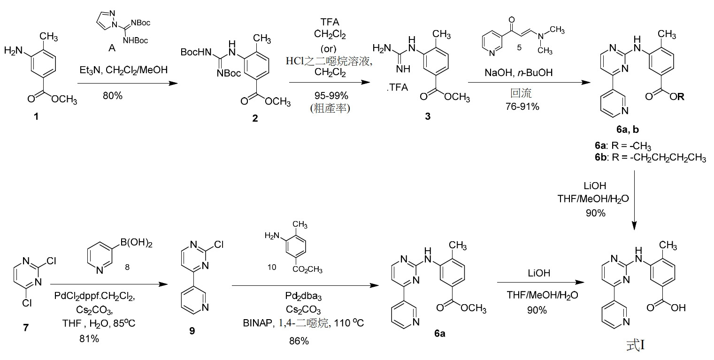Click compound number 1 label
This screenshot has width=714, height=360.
point(36,116)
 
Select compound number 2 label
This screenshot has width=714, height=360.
point(255,118)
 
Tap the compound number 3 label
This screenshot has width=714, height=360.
point(428,116)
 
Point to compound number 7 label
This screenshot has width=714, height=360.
point(26,327)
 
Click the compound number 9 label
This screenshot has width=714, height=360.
point(192,331)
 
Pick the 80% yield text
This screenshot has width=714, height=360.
point(113,96)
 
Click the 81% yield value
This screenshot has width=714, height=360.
point(89,338)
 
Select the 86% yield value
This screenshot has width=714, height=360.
point(299,341)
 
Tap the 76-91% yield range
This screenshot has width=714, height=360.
point(522,107)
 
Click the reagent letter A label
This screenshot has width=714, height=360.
point(112,48)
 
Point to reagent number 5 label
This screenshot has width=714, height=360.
point(519,47)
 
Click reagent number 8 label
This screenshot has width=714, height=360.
point(127,267)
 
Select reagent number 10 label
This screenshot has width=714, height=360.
point(272,267)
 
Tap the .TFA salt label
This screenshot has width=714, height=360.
point(398,87)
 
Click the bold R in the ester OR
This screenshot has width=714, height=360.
point(681,96)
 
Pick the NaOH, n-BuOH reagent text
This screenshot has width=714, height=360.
point(519,73)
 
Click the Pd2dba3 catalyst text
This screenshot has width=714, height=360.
point(303,297)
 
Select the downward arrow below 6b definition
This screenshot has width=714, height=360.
point(634,200)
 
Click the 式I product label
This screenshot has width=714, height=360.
point(635,345)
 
